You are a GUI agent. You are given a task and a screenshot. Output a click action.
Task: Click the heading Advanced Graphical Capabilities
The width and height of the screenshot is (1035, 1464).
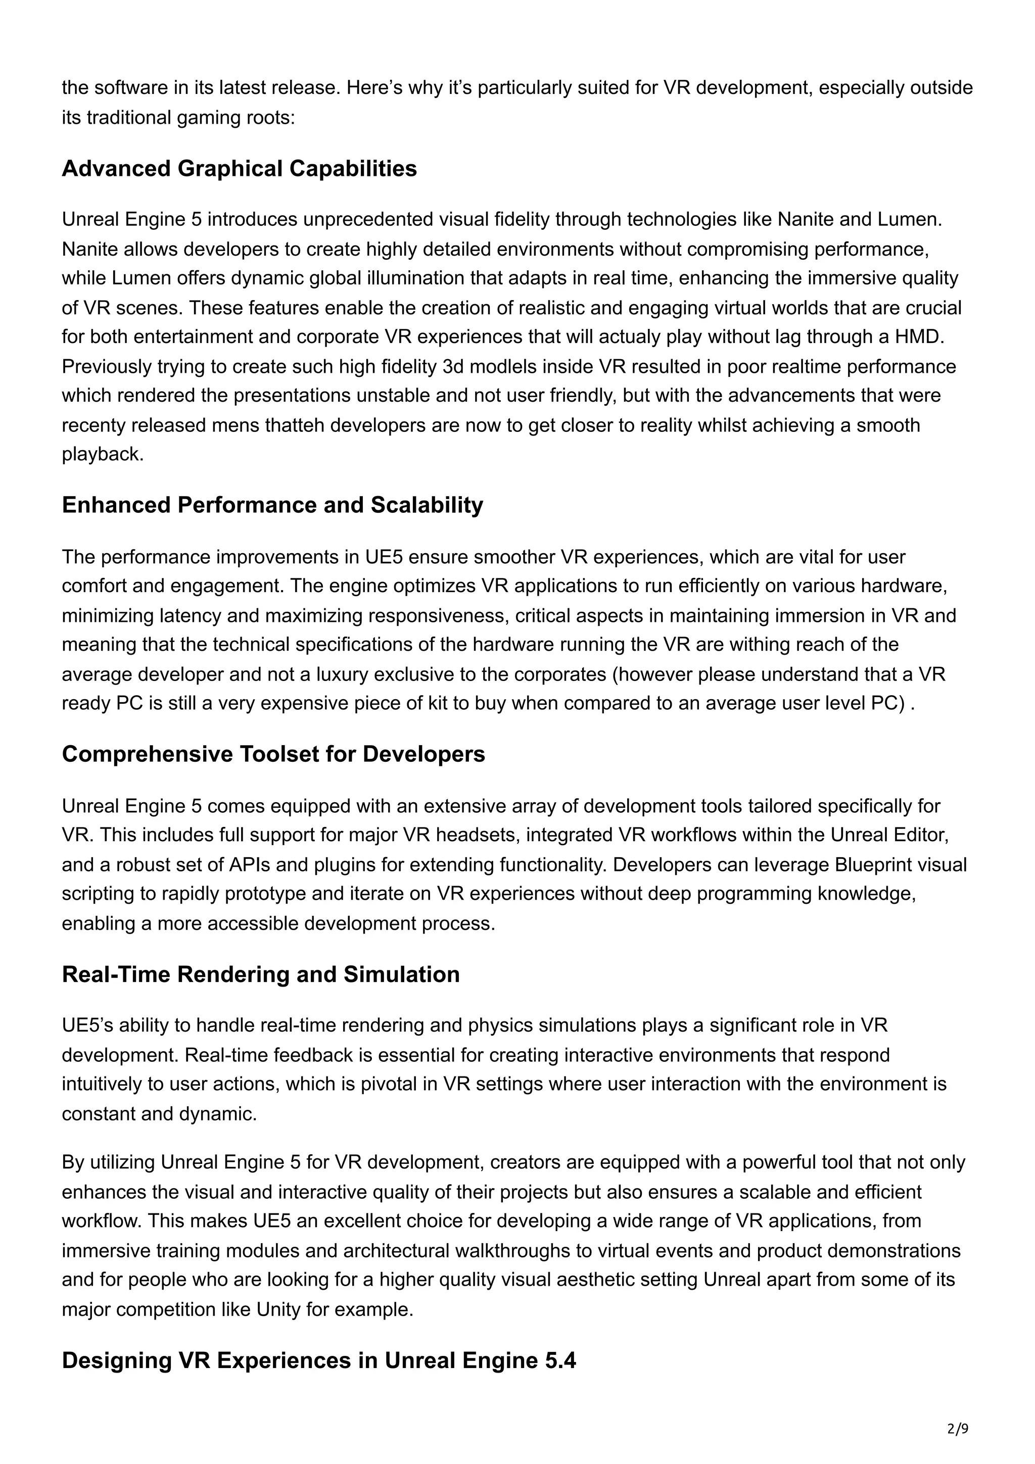(x=239, y=169)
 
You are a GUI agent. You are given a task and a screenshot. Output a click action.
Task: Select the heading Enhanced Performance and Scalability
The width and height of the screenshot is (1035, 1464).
(x=272, y=505)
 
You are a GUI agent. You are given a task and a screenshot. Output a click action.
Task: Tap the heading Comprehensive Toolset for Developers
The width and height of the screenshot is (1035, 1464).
(x=273, y=754)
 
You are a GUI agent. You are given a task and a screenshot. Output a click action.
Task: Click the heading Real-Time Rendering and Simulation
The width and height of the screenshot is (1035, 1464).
(x=260, y=974)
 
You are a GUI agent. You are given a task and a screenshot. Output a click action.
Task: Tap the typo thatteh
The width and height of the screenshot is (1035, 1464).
(x=295, y=425)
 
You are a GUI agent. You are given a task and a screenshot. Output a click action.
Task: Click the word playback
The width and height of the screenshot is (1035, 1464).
(x=103, y=455)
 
